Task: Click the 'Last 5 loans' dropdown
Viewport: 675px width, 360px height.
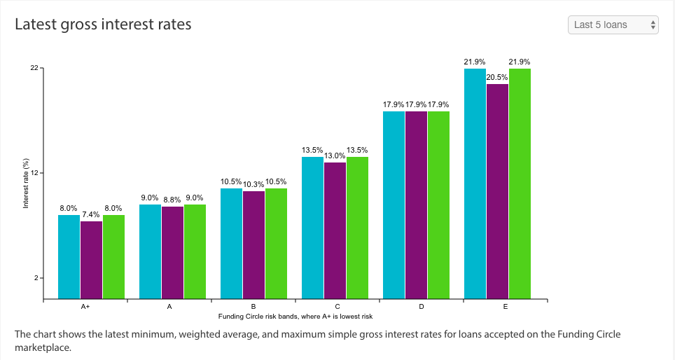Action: point(613,25)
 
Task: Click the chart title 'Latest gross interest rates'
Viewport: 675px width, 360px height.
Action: point(104,24)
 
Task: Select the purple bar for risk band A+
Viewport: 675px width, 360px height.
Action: point(91,260)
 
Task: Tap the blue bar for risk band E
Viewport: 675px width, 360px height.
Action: point(475,184)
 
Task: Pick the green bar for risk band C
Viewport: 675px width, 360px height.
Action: point(357,228)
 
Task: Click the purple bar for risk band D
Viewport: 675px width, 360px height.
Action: point(417,205)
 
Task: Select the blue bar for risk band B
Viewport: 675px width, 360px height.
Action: point(231,244)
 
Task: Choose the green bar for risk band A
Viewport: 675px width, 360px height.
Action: point(195,251)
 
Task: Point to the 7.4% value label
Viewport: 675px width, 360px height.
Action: point(91,214)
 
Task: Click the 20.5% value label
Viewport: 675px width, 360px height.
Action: point(497,77)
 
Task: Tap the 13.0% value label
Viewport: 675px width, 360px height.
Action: point(335,155)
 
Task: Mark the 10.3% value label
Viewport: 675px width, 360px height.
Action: point(253,184)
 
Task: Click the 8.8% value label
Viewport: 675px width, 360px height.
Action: point(172,200)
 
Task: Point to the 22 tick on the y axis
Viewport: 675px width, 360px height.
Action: point(34,68)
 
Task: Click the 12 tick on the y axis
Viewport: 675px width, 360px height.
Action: point(34,173)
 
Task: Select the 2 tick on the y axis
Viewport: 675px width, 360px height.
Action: point(36,278)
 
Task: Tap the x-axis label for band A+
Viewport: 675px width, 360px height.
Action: point(85,307)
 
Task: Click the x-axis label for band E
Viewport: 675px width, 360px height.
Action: point(506,307)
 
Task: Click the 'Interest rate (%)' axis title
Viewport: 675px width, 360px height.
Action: point(26,184)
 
